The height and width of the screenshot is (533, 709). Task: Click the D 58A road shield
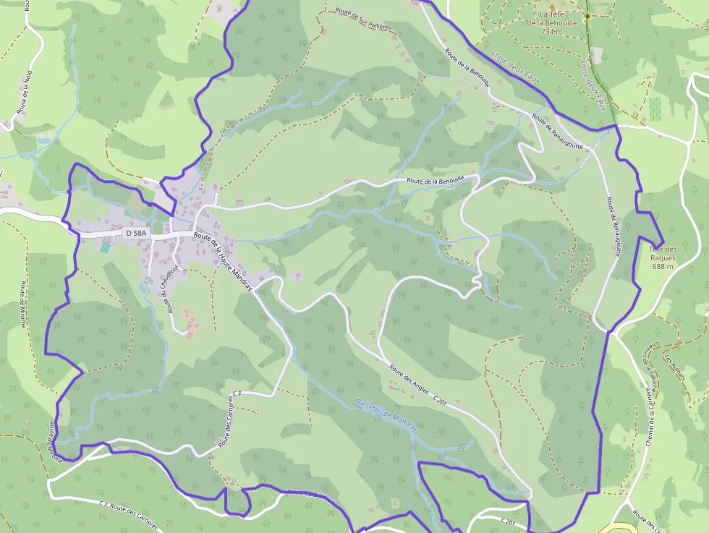[x=136, y=233]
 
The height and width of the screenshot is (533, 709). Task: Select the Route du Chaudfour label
[x=170, y=294]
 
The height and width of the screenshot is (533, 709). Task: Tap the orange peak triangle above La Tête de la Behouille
[x=553, y=5]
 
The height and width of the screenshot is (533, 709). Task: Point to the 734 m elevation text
[x=551, y=32]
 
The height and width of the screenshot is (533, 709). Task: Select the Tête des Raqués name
[x=663, y=254]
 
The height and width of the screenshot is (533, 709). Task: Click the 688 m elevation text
[x=663, y=266]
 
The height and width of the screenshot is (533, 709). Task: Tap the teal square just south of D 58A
[x=106, y=247]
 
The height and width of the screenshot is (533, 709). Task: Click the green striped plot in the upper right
[x=655, y=108]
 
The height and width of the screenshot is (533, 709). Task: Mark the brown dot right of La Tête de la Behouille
[x=587, y=15]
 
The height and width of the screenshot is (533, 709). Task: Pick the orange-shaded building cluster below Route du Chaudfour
[x=191, y=322]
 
